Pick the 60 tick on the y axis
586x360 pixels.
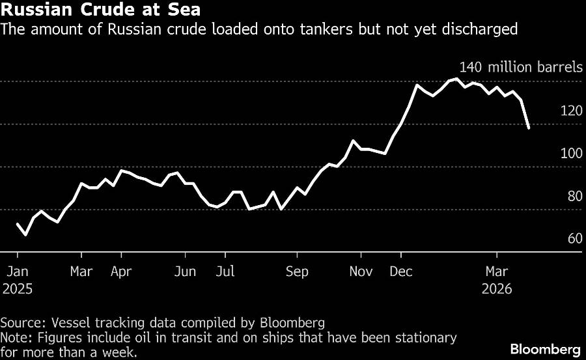point(574,239)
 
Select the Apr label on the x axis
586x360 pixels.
point(121,271)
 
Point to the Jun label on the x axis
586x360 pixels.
point(186,271)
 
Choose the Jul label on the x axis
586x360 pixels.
point(225,271)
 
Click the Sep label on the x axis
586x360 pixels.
point(297,271)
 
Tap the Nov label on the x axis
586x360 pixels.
point(361,271)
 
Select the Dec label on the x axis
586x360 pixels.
point(400,271)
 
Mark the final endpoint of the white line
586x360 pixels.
point(529,128)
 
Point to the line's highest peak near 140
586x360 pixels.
point(457,79)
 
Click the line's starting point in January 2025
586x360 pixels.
point(17,224)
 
